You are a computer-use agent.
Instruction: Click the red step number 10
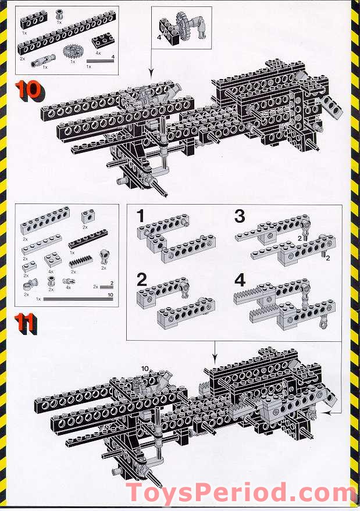28,90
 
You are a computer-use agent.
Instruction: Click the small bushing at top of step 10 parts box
59,14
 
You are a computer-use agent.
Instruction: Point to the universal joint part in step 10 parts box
44,59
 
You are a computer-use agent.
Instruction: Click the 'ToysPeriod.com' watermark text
241,493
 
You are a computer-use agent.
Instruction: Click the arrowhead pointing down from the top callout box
151,73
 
